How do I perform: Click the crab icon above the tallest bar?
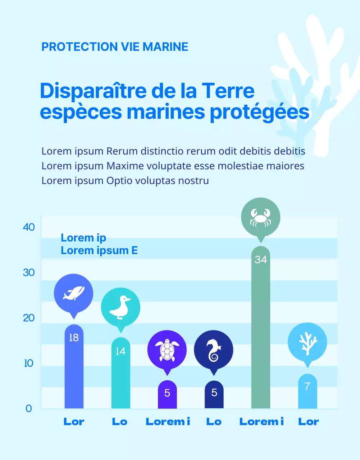click(260, 217)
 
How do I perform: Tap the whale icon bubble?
click(73, 293)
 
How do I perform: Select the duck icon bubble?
click(120, 308)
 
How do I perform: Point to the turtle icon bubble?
click(167, 350)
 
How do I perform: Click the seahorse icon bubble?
click(214, 350)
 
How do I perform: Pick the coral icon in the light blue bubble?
click(307, 342)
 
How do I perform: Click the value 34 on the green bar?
click(261, 259)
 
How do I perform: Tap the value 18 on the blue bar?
click(74, 338)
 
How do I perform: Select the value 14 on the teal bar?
click(120, 351)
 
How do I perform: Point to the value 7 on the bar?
click(307, 386)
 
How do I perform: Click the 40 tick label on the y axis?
click(29, 227)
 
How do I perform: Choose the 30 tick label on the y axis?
click(29, 272)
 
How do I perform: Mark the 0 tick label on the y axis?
click(29, 409)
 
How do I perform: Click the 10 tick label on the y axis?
click(29, 363)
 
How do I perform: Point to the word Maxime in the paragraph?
click(123, 166)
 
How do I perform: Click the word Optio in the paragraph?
click(118, 180)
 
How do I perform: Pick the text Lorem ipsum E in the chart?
click(99, 250)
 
